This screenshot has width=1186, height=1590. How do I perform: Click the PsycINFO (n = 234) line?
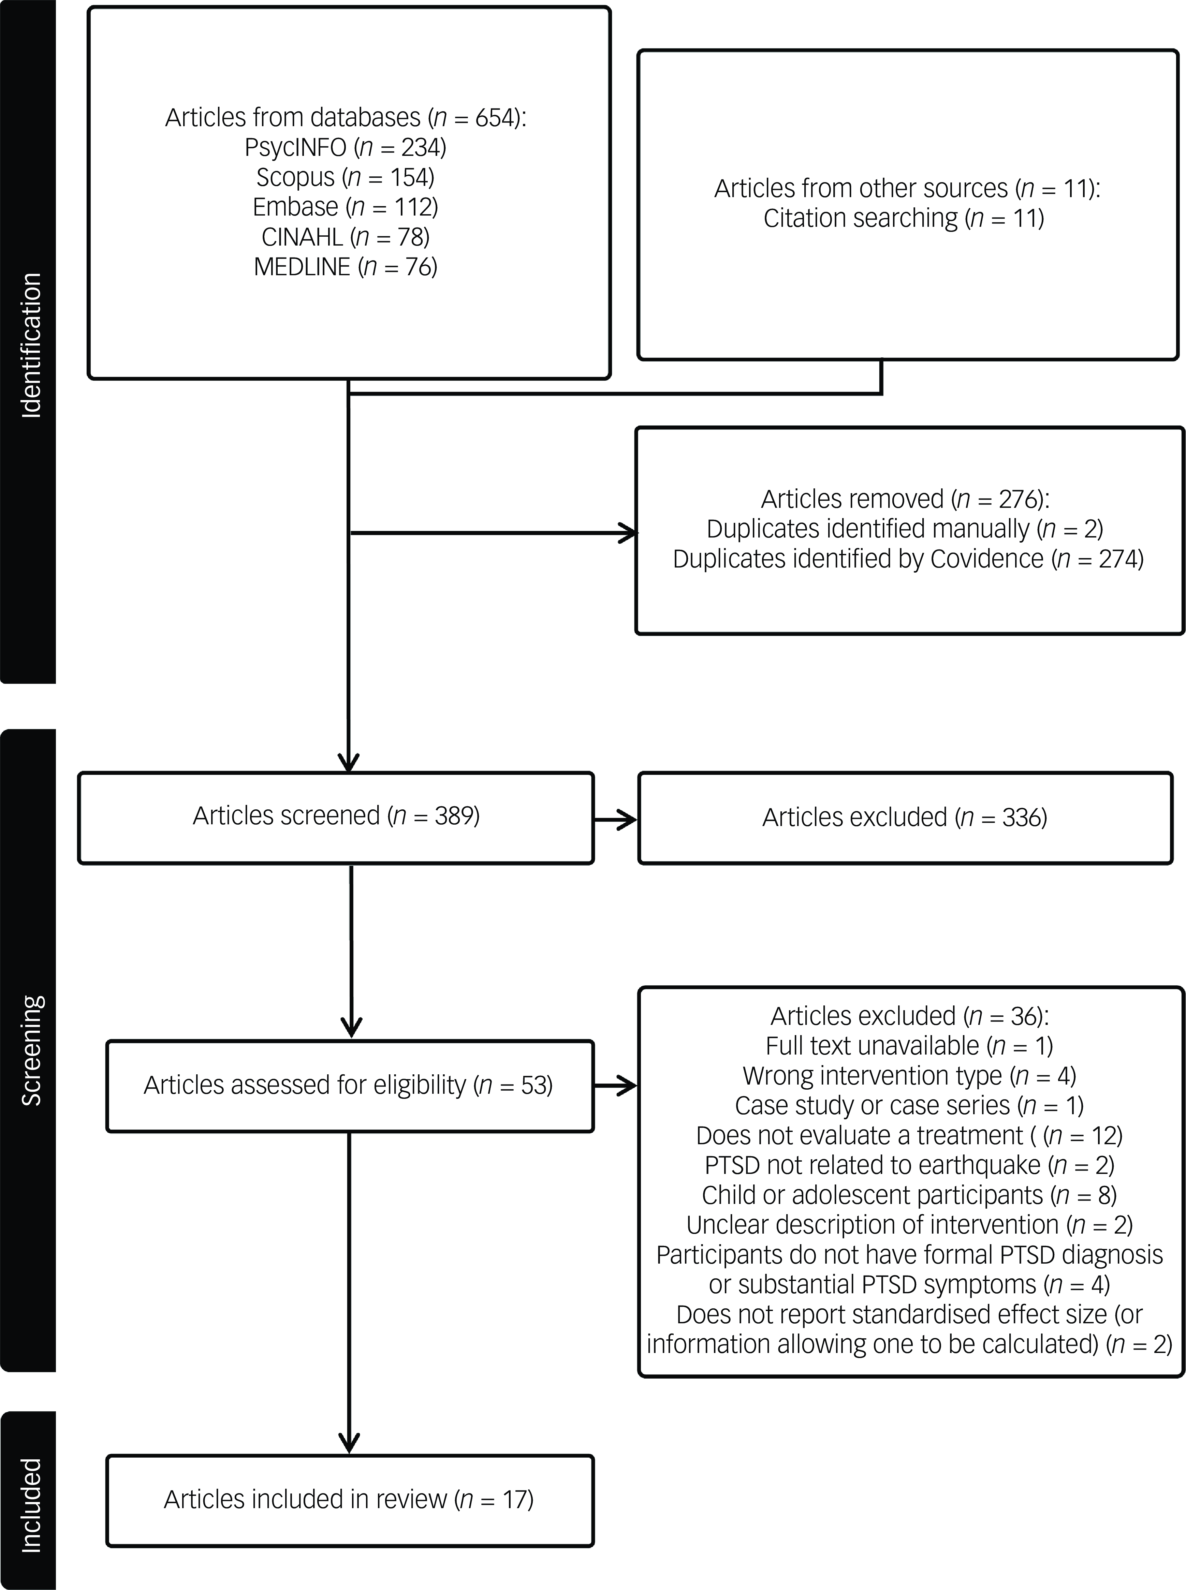[x=345, y=147]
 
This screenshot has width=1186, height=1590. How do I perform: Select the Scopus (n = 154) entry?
[x=345, y=177]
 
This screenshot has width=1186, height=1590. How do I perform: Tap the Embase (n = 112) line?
[x=345, y=207]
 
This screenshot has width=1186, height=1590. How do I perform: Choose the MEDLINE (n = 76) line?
[x=345, y=266]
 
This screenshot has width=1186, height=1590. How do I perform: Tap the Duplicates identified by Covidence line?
[x=908, y=558]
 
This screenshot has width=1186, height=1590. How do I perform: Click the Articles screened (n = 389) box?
[x=336, y=818]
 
